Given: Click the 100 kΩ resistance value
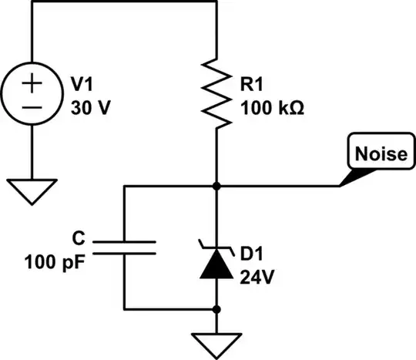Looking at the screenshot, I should (272, 108).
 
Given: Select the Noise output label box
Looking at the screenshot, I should (379, 154).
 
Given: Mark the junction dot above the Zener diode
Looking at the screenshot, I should (218, 186).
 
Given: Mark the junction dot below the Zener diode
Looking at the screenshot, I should (218, 310).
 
